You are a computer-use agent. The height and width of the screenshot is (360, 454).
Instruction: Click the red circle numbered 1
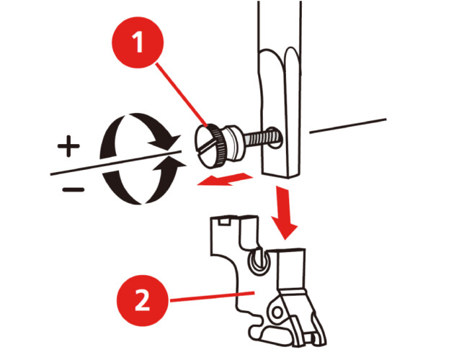(x=138, y=42)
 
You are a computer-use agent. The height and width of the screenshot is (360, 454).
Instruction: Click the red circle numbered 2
(x=143, y=301)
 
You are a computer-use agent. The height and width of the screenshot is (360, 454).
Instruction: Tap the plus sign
(x=68, y=146)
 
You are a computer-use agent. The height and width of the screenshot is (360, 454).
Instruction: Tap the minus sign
(x=74, y=190)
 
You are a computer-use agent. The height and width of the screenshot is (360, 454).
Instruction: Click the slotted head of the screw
(x=209, y=145)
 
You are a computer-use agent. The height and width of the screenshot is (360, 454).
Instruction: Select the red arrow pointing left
(x=225, y=179)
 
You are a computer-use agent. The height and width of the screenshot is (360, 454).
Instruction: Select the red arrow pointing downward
(x=284, y=212)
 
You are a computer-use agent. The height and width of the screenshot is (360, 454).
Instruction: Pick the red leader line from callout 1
(x=182, y=95)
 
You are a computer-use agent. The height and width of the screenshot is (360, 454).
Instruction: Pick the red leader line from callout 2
(x=212, y=297)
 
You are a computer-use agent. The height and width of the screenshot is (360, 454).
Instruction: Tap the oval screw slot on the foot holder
(x=258, y=261)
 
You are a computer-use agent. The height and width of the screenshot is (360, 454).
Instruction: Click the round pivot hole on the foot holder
(x=277, y=312)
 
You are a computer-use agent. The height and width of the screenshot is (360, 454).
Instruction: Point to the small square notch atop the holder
(x=224, y=222)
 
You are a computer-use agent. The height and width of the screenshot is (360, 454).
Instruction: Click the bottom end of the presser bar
(x=280, y=174)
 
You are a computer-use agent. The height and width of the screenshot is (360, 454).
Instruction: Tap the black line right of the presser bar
(x=348, y=126)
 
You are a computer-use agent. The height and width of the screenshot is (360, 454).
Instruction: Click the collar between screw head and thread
(x=234, y=143)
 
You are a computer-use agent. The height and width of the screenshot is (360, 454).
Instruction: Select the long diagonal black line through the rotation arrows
(x=116, y=163)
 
